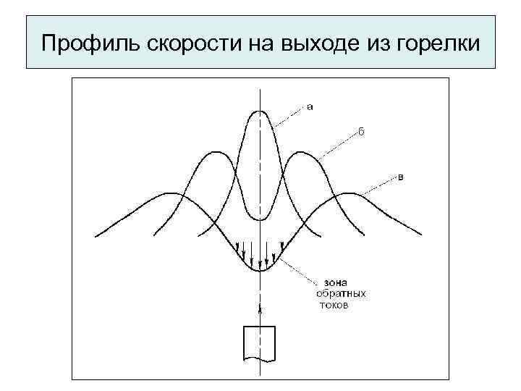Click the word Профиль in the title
pos(78,43)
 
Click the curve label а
pos(310,108)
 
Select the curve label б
pos(361,132)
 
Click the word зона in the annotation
pos(329,283)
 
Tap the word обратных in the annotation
pos(340,294)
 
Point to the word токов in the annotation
pos(334,306)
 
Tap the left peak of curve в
pos(171,193)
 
